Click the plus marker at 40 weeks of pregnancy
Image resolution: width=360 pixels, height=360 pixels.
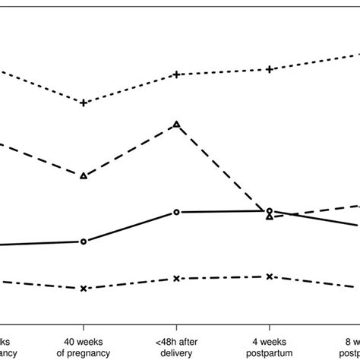click(84, 103)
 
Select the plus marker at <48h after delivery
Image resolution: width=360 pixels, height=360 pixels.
click(176, 74)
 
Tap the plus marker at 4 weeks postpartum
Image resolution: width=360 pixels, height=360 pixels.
click(269, 70)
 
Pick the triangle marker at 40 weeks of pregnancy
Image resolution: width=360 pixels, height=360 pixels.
click(84, 175)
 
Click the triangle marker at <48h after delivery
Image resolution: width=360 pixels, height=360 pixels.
click(176, 124)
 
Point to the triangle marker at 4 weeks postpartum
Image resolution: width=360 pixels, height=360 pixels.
click(269, 216)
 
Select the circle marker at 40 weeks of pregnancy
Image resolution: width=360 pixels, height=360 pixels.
click(84, 242)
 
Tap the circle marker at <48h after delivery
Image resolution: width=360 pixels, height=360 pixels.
click(176, 212)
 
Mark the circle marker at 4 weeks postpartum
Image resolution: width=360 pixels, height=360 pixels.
click(269, 210)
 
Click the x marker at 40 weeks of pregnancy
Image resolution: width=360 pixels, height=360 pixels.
click(84, 289)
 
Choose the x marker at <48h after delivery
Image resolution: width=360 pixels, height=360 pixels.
click(176, 279)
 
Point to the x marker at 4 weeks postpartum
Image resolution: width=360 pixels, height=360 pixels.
click(269, 276)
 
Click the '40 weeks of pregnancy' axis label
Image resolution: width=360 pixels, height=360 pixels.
click(84, 347)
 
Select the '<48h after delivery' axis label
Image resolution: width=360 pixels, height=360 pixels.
click(176, 347)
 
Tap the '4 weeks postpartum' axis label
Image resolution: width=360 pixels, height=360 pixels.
click(269, 347)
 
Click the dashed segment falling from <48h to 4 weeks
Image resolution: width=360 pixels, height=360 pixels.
click(223, 170)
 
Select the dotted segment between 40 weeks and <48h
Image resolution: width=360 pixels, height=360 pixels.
click(130, 88)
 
